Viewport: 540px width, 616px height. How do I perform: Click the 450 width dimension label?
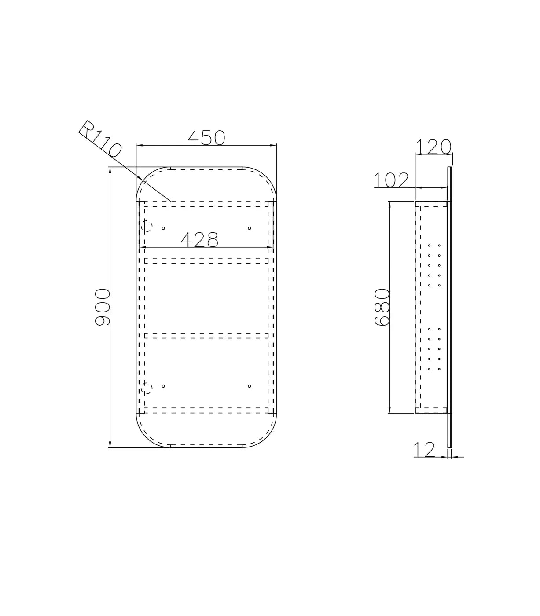tap(206, 138)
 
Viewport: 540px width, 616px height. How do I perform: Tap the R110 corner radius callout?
tap(100, 139)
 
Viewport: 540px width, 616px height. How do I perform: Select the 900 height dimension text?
tap(102, 308)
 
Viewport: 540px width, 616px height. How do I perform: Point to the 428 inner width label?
tap(199, 240)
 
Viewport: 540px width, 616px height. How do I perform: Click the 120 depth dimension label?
tap(433, 147)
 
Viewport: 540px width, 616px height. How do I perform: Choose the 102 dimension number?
tap(391, 180)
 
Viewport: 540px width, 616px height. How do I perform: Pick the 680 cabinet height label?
tap(382, 307)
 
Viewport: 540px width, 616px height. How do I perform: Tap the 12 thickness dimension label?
tap(424, 450)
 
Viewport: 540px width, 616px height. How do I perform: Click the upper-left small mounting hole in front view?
tap(163, 228)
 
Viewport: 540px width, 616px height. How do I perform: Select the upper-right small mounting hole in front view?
tap(249, 228)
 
